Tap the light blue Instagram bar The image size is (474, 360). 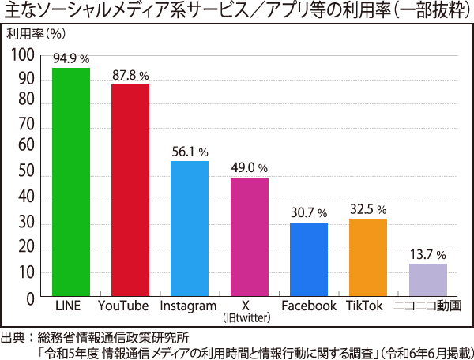tap(190, 228)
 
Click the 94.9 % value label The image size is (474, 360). tap(71, 58)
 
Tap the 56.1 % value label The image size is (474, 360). tap(190, 152)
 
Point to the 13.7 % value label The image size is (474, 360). tap(428, 254)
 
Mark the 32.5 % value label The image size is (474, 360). tap(368, 210)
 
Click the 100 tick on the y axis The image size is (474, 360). tap(24, 55)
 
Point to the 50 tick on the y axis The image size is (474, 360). tap(27, 172)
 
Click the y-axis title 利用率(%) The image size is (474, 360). tap(36, 34)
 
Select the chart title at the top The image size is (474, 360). tap(236, 12)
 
